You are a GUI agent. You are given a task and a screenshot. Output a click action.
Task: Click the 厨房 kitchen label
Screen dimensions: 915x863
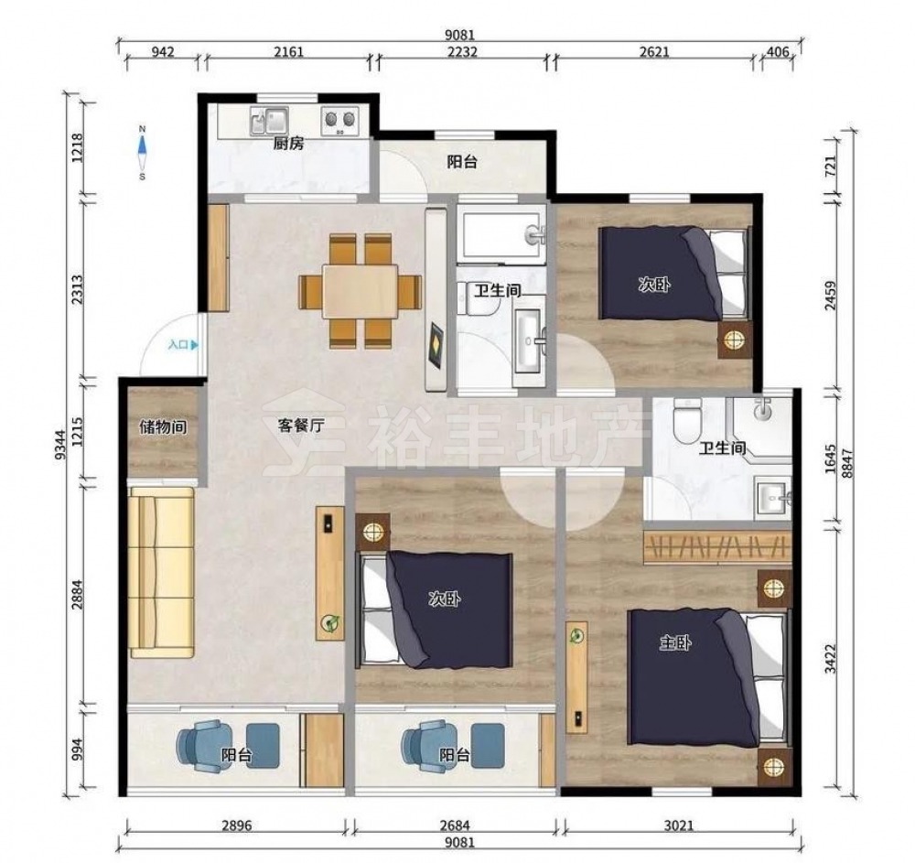coord(288,143)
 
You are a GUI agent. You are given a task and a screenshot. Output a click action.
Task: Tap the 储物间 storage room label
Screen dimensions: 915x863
coord(163,427)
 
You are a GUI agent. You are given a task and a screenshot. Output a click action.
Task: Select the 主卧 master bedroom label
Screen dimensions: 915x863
coord(675,643)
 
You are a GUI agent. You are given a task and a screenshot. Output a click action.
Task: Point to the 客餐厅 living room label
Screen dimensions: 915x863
coord(300,426)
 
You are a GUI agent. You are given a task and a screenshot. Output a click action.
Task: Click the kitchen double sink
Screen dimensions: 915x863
coord(269,121)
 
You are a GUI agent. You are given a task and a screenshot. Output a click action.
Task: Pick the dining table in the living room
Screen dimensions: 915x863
coord(361,291)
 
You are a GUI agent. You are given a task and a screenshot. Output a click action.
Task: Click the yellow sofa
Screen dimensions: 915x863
coord(161,572)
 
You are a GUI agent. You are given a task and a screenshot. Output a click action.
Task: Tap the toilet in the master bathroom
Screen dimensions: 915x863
coord(685,420)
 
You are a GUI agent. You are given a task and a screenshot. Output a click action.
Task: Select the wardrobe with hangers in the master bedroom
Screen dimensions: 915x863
coord(717,547)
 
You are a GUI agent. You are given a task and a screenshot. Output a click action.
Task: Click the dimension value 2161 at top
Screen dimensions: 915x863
coord(289,52)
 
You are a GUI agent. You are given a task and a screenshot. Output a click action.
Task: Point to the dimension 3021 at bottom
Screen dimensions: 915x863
coord(679,825)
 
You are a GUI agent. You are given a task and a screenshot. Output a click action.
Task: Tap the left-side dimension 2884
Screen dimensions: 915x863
coord(77,594)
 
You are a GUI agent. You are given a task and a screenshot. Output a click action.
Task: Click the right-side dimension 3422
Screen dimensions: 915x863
coord(831,658)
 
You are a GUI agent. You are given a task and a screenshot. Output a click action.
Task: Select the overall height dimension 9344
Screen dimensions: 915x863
coord(60,446)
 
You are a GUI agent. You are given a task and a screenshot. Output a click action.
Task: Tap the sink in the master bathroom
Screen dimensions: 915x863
coord(773,498)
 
